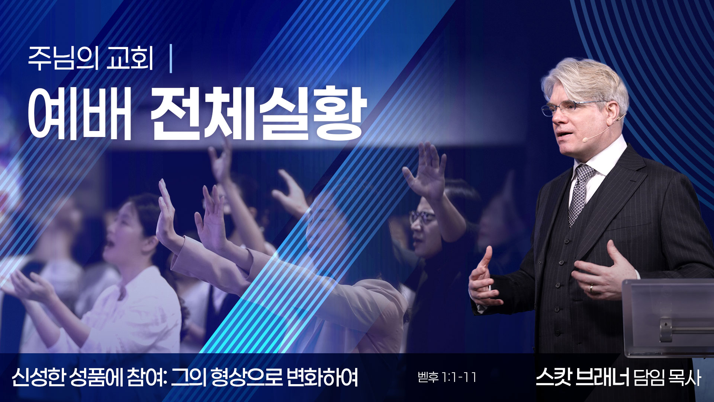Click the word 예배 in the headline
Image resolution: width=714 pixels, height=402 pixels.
pyautogui.click(x=80, y=114)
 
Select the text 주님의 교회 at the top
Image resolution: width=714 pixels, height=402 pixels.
pyautogui.click(x=91, y=58)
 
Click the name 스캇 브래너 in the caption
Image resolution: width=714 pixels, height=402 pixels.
pyautogui.click(x=582, y=377)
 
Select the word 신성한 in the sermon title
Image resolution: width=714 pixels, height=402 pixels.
pyautogui.click(x=39, y=377)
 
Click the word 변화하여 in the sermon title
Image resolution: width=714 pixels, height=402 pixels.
pyautogui.click(x=322, y=377)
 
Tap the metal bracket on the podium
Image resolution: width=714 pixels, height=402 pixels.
pyautogui.click(x=666, y=329)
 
